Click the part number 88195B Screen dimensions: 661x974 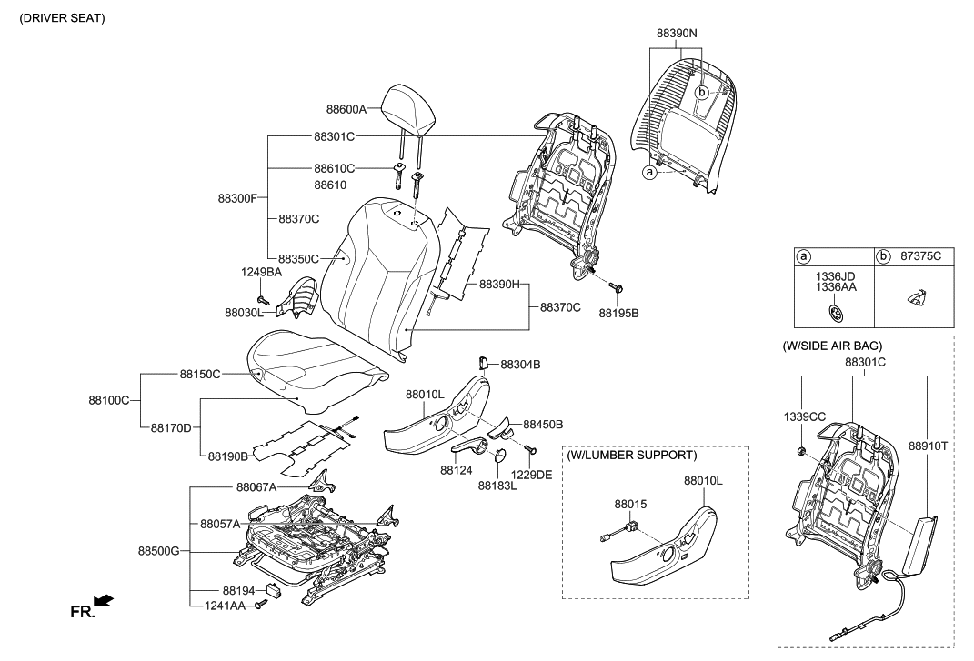tap(618, 313)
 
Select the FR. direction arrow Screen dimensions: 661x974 tap(104, 600)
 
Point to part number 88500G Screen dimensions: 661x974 tap(159, 551)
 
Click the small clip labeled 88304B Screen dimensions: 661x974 tap(484, 364)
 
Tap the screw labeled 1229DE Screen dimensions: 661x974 tap(532, 449)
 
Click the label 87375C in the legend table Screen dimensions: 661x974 tap(919, 257)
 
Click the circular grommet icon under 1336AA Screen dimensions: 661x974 tap(835, 314)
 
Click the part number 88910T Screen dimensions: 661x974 tap(928, 446)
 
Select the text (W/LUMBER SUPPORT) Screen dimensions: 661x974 tap(631, 455)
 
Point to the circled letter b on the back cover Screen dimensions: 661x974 tap(702, 93)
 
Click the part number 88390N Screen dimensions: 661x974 tap(677, 31)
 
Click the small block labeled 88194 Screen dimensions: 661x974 tap(274, 590)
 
